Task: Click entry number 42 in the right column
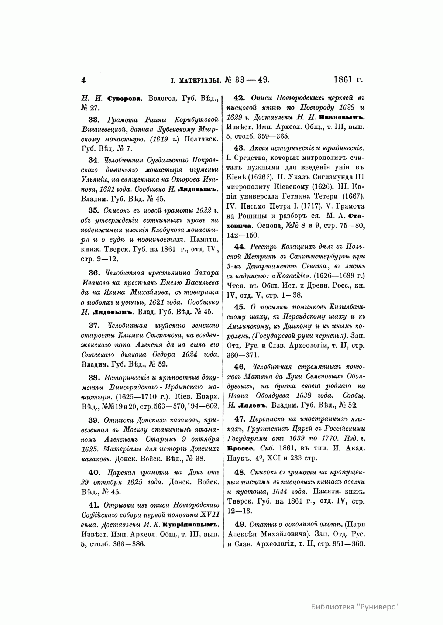click(240, 98)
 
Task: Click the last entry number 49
click(240, 524)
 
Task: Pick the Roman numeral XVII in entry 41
click(210, 515)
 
